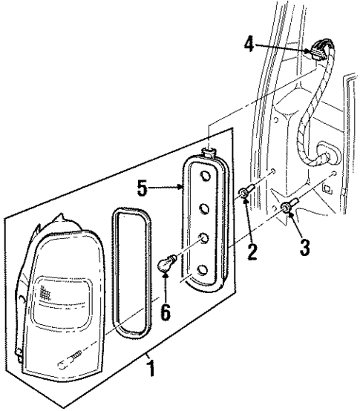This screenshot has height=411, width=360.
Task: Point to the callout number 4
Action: point(249,45)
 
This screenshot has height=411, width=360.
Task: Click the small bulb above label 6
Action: point(168,262)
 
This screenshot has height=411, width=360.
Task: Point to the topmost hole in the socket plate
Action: point(202,177)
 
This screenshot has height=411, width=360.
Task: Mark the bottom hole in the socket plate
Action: point(202,269)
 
